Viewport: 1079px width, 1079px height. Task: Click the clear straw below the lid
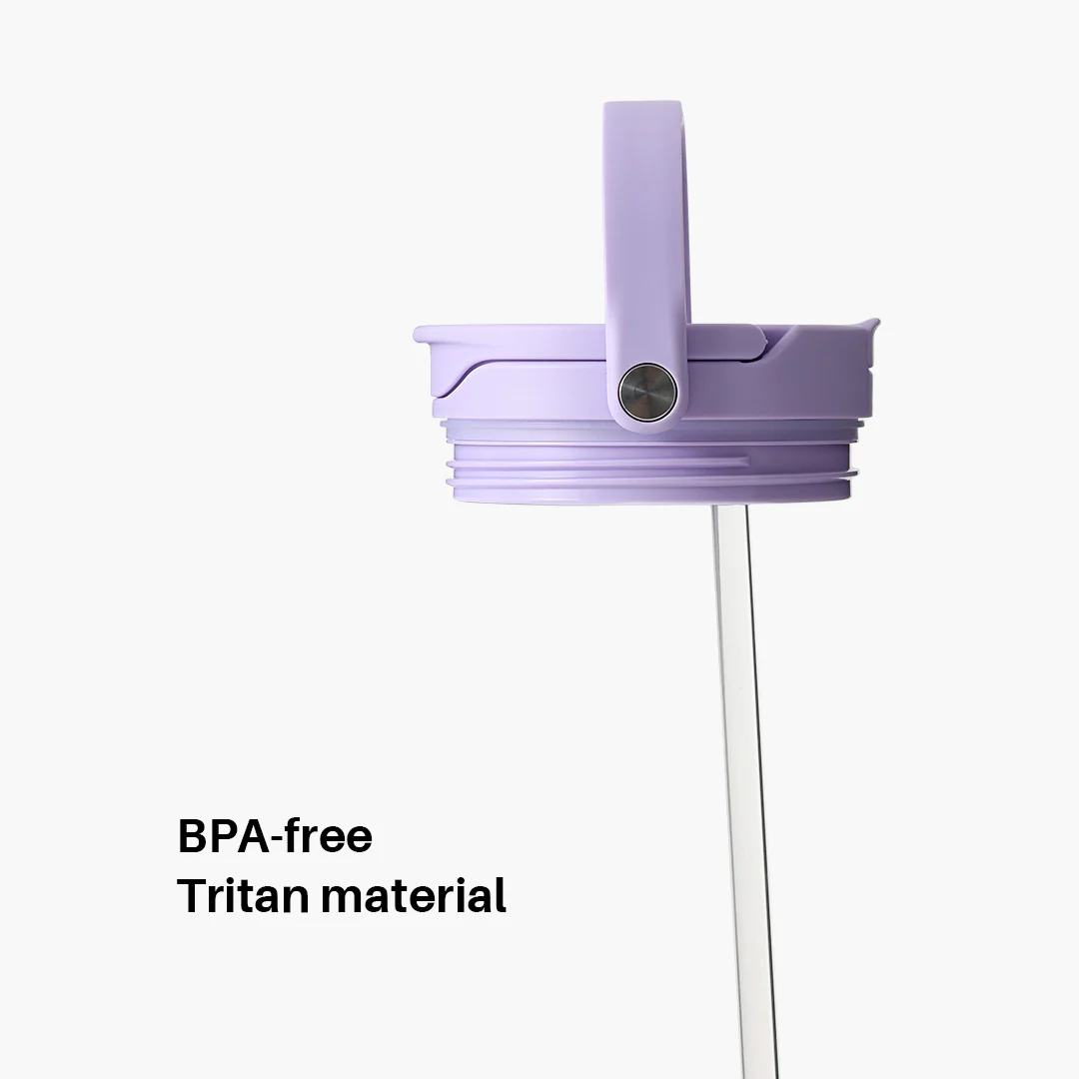(744, 749)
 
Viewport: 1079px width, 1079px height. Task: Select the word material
(413, 895)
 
